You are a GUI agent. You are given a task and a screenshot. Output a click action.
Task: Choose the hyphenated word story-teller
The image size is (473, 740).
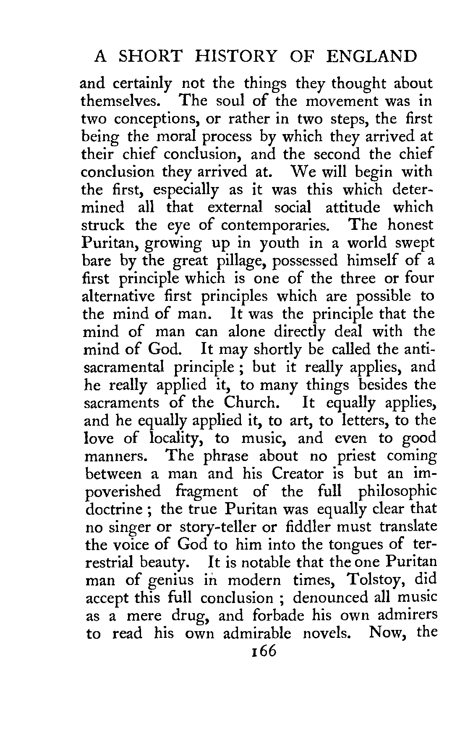tap(218, 526)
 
